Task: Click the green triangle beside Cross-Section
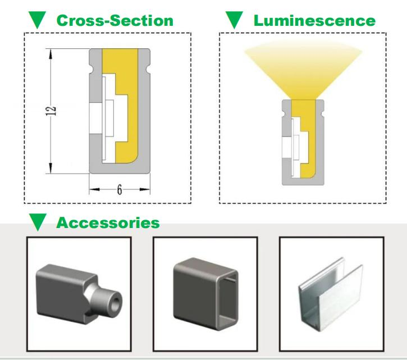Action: click(37, 21)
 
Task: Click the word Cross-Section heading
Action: click(115, 21)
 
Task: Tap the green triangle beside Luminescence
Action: click(233, 21)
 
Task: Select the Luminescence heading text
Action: click(314, 21)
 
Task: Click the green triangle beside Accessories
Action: click(37, 222)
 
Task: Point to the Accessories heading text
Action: click(108, 222)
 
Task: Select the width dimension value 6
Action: click(120, 189)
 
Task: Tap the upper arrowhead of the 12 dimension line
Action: click(52, 52)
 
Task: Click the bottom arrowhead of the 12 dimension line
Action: click(52, 170)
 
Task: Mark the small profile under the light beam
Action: click(301, 142)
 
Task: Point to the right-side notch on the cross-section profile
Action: click(149, 70)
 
